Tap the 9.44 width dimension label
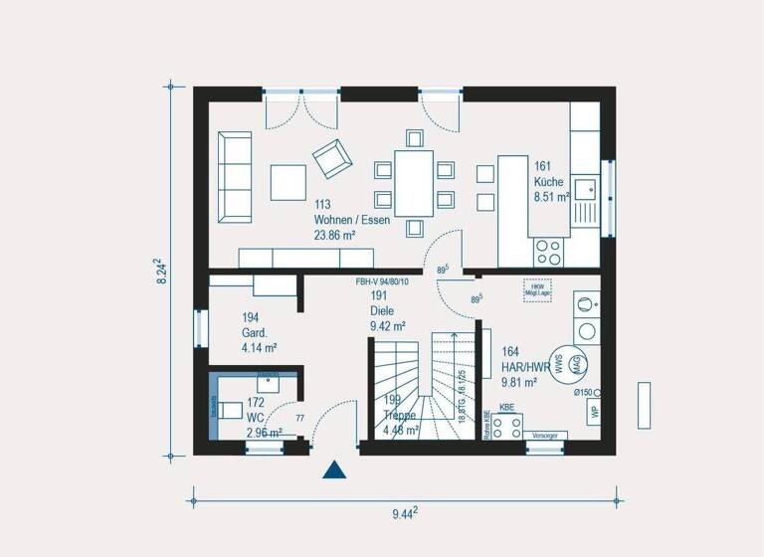403,513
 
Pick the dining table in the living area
414,183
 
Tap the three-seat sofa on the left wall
236,175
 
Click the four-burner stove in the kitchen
547,252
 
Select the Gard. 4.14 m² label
259,333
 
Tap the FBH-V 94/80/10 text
382,282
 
